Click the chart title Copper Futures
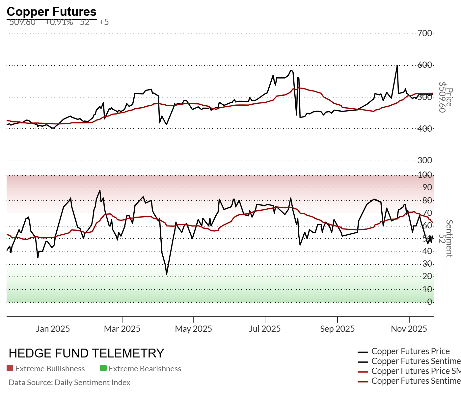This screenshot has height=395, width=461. tap(51, 12)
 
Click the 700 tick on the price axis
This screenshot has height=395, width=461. tap(425, 33)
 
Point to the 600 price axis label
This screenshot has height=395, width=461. tap(425, 65)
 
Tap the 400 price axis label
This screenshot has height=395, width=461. tap(425, 129)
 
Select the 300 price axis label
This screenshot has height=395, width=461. tap(425, 160)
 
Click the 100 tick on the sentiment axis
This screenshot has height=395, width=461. tap(425, 175)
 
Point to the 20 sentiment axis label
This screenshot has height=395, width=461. tap(427, 276)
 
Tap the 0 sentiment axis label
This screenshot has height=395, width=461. tap(429, 302)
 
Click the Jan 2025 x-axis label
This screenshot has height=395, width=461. tap(53, 329)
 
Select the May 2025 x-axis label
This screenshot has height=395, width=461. tap(193, 329)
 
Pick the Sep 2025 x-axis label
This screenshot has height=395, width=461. tap(337, 329)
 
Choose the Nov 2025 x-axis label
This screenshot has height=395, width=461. tap(409, 329)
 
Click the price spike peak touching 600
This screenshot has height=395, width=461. tap(397, 66)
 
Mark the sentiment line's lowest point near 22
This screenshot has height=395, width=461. tap(167, 274)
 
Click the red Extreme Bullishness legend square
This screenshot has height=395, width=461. tap(10, 368)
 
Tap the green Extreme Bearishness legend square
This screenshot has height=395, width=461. tap(103, 368)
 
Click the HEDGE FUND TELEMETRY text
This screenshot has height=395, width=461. tap(86, 353)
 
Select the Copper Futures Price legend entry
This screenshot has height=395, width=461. tap(410, 352)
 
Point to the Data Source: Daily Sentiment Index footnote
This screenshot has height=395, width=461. tap(69, 382)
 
